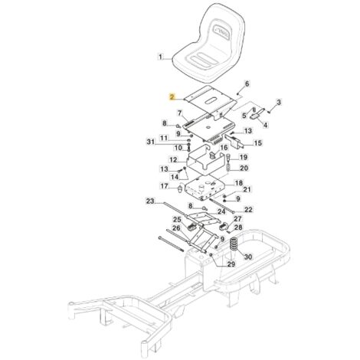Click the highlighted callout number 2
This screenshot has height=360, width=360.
click(172, 97)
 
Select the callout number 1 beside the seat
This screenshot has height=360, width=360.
click(160, 57)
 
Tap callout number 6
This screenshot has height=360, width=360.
click(247, 84)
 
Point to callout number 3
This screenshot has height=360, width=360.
click(279, 103)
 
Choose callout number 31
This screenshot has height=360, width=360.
click(151, 141)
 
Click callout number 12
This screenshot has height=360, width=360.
click(173, 160)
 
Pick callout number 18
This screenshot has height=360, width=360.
click(239, 183)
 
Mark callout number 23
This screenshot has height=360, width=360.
click(150, 201)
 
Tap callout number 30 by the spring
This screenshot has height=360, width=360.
click(248, 257)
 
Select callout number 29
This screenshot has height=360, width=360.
click(231, 264)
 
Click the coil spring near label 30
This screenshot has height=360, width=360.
click(233, 244)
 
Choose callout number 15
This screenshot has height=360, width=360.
click(257, 142)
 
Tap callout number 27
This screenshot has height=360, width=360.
click(237, 219)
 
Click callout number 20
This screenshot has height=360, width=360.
click(244, 168)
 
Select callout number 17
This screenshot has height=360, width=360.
click(164, 186)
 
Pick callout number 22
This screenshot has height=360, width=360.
click(248, 210)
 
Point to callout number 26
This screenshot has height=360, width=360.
click(176, 228)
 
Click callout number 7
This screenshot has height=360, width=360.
click(180, 113)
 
